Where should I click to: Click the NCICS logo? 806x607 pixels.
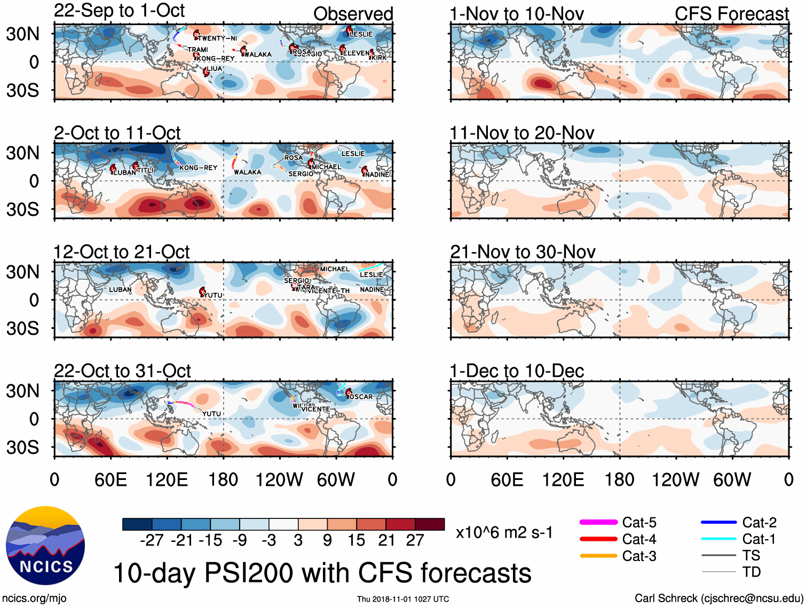(45, 545)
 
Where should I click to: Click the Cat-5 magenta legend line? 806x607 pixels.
(598, 522)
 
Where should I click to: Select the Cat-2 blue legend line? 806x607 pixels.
(718, 522)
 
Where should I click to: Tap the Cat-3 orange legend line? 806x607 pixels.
(598, 556)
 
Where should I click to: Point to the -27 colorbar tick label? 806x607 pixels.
(152, 540)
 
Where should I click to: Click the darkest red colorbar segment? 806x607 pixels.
(430, 524)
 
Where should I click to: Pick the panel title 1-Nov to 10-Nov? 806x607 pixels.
(516, 14)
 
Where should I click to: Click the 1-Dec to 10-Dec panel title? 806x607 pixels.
(516, 370)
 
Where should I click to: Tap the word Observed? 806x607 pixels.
(353, 14)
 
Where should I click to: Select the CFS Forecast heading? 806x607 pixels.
(731, 14)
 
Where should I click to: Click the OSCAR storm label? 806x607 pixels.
(361, 397)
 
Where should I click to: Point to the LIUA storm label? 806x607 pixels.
(214, 68)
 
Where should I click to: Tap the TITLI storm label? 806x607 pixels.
(145, 170)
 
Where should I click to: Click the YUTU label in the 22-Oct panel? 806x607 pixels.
(211, 414)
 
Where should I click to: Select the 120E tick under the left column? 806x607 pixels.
(167, 479)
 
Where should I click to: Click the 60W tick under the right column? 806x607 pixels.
(732, 479)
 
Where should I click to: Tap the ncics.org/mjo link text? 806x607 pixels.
(34, 598)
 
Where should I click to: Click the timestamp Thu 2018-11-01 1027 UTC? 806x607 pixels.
(403, 599)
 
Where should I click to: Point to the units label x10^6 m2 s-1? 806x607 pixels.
(504, 532)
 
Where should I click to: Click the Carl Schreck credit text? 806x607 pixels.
(718, 598)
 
